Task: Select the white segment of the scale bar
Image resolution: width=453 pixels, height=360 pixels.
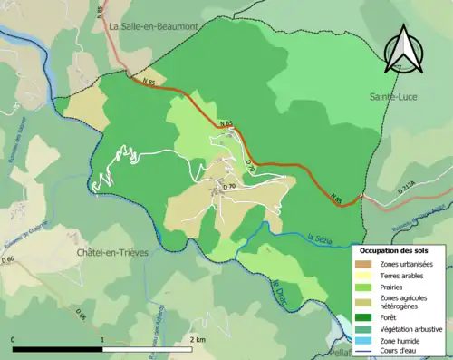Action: pyautogui.click(x=148, y=350)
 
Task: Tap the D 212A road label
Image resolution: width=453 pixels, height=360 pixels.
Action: pyautogui.click(x=410, y=190)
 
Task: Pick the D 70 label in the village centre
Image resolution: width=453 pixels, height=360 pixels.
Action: pyautogui.click(x=228, y=187)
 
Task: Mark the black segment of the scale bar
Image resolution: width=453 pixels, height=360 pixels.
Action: pyautogui.click(x=58, y=350)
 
